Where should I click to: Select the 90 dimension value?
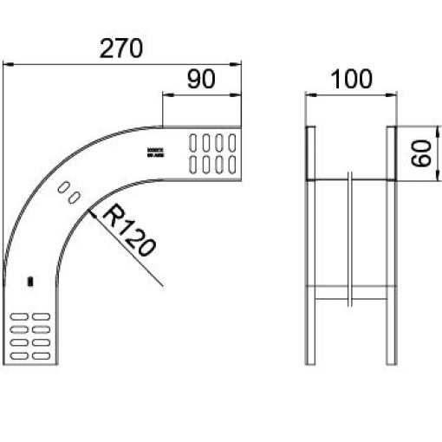pyautogui.click(x=200, y=80)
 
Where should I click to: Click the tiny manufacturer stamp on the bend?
pyautogui.click(x=156, y=152)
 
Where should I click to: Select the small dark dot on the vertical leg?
pyautogui.click(x=30, y=281)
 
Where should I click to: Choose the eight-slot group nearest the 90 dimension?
pyautogui.click(x=212, y=152)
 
